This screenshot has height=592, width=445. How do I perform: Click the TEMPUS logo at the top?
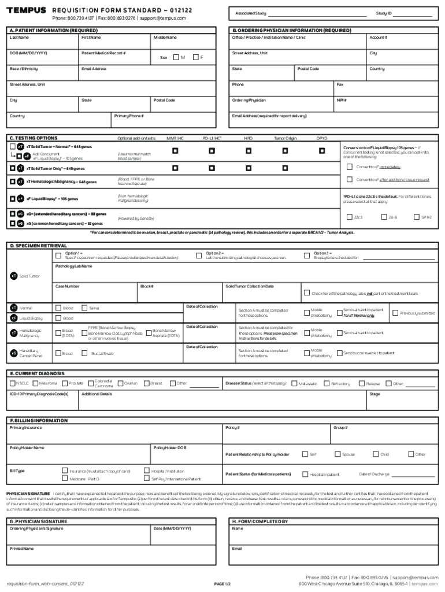tap(26, 10)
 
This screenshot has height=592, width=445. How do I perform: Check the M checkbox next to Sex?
tap(175, 57)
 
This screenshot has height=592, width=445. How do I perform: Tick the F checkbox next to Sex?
tap(195, 57)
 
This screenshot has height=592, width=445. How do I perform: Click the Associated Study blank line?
tap(317, 13)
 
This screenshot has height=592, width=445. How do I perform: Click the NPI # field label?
tap(342, 100)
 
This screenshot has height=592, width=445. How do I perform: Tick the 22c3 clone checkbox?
tap(349, 217)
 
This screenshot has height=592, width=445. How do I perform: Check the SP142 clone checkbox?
tap(416, 217)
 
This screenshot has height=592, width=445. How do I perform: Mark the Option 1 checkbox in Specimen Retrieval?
tap(58, 256)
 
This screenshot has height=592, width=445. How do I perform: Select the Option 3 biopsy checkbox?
tap(307, 256)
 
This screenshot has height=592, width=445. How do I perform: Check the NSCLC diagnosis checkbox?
tap(12, 383)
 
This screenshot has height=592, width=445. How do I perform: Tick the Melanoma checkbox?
tap(35, 383)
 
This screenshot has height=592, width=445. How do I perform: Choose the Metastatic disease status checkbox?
tap(294, 383)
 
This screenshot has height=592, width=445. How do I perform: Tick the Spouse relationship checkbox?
tap(337, 454)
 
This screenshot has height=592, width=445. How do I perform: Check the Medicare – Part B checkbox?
tap(65, 479)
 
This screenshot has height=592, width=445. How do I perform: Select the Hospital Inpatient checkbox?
tap(305, 474)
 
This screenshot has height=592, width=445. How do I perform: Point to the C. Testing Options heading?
tap(34, 138)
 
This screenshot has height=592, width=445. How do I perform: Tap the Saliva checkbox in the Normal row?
tap(84, 308)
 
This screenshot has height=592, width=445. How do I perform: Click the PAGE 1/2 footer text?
tap(222, 584)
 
